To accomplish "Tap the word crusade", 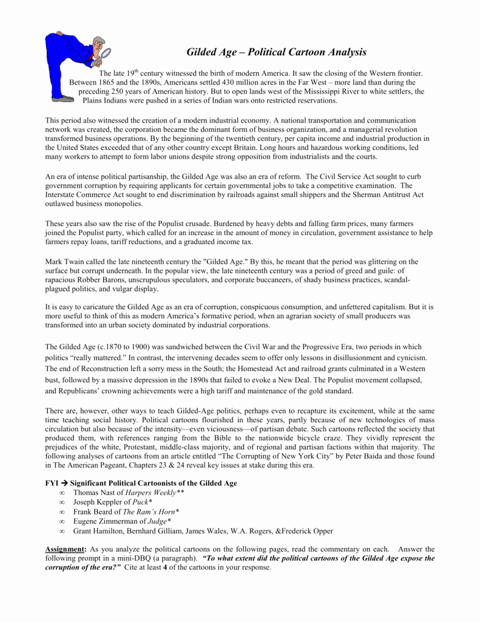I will (182, 222).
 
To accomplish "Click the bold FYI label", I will (52, 483).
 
